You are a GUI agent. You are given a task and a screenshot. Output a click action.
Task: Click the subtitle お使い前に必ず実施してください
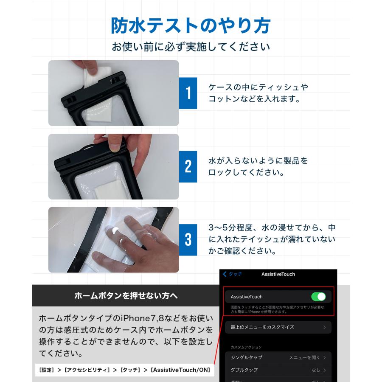[x=191, y=47]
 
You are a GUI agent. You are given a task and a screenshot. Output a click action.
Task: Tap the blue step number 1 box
[x=188, y=93]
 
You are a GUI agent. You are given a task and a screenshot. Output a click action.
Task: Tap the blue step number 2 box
[x=188, y=166]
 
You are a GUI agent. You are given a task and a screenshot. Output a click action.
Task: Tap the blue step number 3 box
[x=188, y=240]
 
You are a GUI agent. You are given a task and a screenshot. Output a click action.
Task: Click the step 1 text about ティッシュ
[x=258, y=93]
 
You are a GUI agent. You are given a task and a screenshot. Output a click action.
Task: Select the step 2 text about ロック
[x=258, y=167]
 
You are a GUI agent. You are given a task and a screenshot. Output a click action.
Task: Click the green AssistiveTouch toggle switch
[x=318, y=296]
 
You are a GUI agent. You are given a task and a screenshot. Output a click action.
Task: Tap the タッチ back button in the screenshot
[x=233, y=274]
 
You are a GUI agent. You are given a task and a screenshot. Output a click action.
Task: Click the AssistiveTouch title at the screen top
[x=278, y=274]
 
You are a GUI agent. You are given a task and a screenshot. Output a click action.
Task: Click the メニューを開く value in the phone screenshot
[x=305, y=357]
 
